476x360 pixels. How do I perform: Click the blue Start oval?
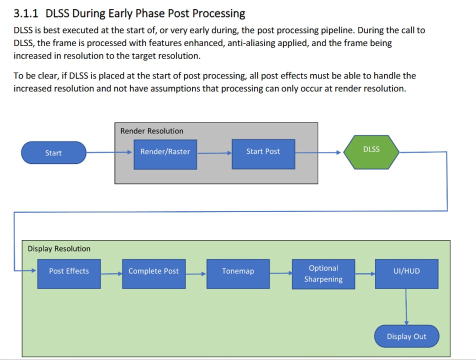(x=53, y=153)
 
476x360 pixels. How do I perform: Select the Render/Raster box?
(x=165, y=152)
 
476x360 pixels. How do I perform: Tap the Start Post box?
(x=263, y=152)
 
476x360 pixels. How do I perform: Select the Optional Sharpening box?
(x=323, y=274)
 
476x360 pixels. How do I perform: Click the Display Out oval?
(x=406, y=336)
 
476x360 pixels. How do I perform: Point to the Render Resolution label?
(x=151, y=131)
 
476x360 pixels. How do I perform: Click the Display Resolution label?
(x=59, y=249)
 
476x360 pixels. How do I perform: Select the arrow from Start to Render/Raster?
(x=109, y=152)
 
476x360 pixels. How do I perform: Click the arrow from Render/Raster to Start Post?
(x=214, y=152)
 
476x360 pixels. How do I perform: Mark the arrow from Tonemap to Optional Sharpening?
(x=280, y=273)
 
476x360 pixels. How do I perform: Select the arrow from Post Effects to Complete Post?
(x=111, y=273)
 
